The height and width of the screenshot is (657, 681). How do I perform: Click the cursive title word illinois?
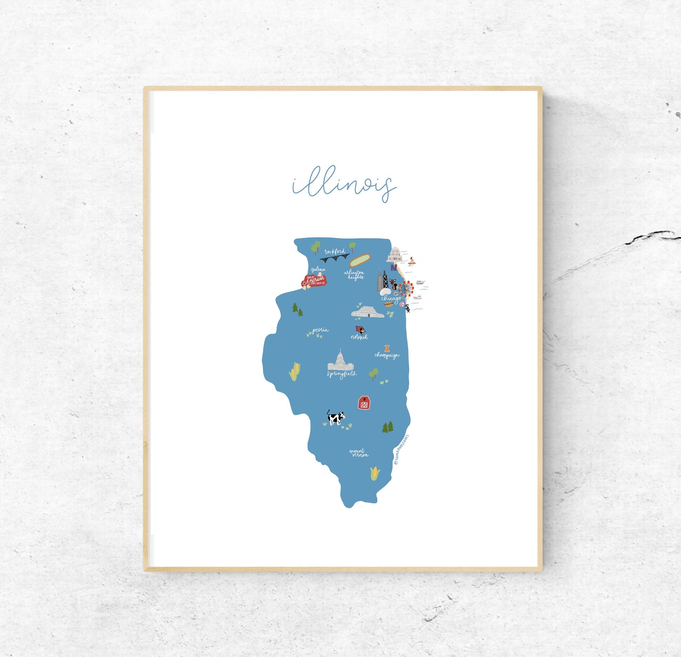tap(344, 185)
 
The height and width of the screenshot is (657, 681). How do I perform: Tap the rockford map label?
tap(335, 252)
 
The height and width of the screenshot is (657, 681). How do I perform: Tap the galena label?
tap(318, 269)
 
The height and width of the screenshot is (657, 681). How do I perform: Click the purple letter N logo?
tap(394, 268)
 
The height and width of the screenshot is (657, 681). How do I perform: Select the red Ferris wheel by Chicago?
tap(406, 288)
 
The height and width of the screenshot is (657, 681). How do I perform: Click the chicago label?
tap(391, 298)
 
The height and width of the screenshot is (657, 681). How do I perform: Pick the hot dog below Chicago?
tap(388, 305)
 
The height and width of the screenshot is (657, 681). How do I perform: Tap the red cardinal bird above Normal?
tap(361, 330)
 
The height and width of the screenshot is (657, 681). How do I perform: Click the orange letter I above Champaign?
tap(387, 349)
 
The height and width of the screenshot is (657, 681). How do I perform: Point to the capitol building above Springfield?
tap(340, 361)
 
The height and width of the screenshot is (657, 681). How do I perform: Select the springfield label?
tap(342, 374)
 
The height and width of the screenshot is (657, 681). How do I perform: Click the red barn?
tap(364, 403)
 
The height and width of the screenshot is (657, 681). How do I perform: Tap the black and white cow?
tap(336, 417)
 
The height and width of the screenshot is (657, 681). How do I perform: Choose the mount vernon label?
tap(359, 453)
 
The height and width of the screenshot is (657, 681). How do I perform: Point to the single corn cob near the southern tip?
tap(375, 473)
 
